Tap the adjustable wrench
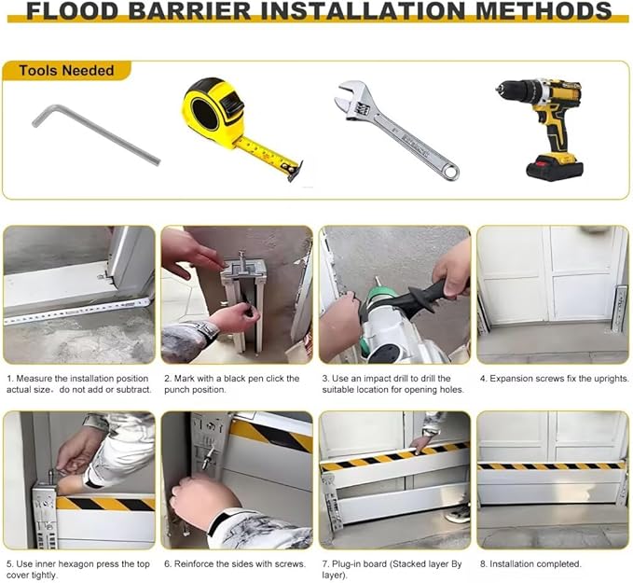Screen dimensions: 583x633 (395, 132)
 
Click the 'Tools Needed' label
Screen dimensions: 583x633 (66, 71)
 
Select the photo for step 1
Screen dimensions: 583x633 (78, 295)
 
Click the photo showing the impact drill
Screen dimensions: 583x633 (394, 295)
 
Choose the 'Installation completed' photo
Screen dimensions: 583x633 (552, 479)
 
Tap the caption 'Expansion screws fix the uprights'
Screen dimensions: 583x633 (554, 379)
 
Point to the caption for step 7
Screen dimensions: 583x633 (393, 569)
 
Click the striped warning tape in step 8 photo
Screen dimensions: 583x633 (552, 464)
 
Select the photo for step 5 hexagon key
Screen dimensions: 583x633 (78, 479)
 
